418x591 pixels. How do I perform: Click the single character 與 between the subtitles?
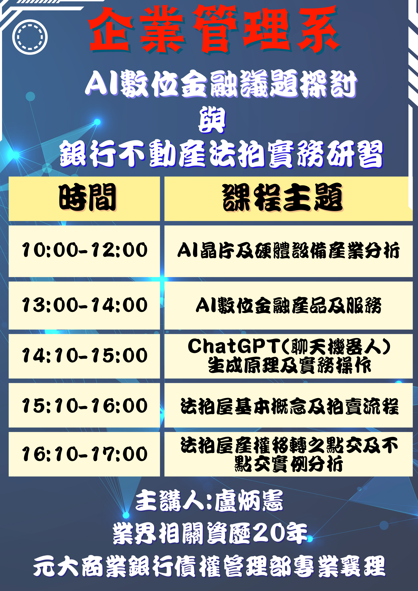tap(212, 120)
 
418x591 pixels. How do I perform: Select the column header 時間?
tap(88, 197)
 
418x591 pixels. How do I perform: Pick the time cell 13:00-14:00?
tap(85, 305)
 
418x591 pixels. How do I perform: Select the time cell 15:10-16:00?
tap(85, 406)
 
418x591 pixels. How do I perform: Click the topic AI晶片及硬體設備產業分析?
tap(288, 250)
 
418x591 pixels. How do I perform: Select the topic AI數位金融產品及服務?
tap(288, 305)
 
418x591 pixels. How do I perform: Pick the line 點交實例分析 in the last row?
tap(288, 464)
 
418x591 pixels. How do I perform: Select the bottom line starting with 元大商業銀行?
tap(209, 566)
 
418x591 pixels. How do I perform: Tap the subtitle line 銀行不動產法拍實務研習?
tap(222, 154)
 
